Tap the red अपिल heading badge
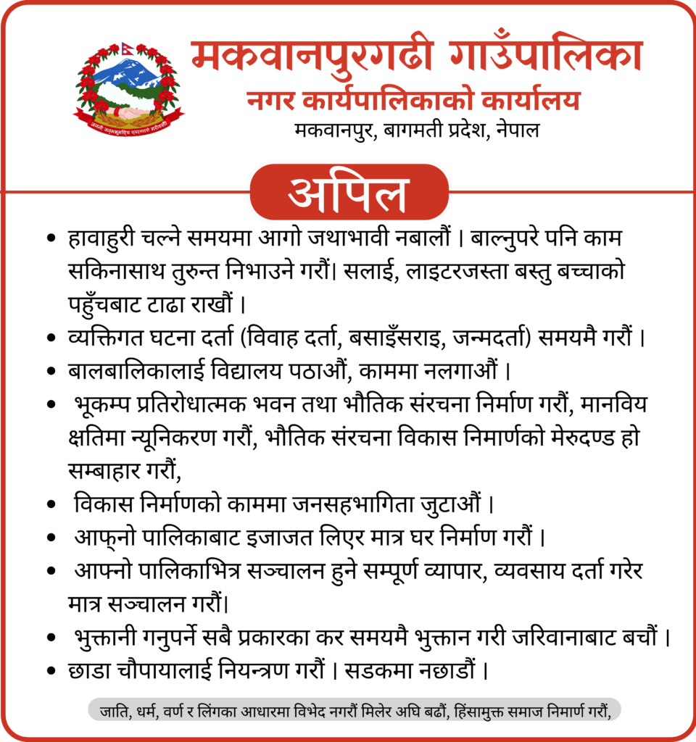(x=349, y=192)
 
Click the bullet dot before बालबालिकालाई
(x=51, y=371)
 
